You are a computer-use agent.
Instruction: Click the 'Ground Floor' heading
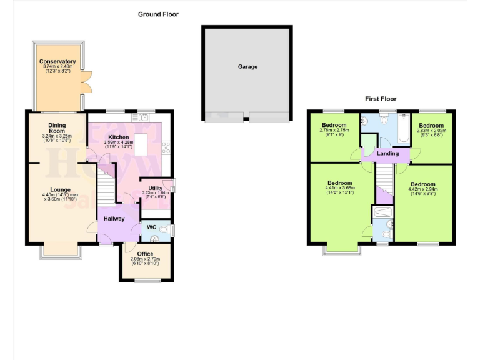click(158, 14)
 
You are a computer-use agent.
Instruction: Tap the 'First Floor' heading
click(381, 99)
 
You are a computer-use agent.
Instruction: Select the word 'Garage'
click(247, 66)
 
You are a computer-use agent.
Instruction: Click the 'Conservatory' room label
click(57, 61)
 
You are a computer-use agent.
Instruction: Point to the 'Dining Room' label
click(57, 127)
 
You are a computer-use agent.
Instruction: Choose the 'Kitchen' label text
click(119, 137)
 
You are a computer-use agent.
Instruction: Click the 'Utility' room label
click(156, 188)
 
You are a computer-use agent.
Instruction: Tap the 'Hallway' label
click(114, 219)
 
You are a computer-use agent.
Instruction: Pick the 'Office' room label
click(146, 253)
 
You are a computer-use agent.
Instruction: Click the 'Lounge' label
click(61, 189)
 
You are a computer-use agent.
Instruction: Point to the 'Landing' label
click(388, 153)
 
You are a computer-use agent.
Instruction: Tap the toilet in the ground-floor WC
click(165, 231)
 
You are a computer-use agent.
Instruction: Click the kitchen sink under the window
click(144, 116)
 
